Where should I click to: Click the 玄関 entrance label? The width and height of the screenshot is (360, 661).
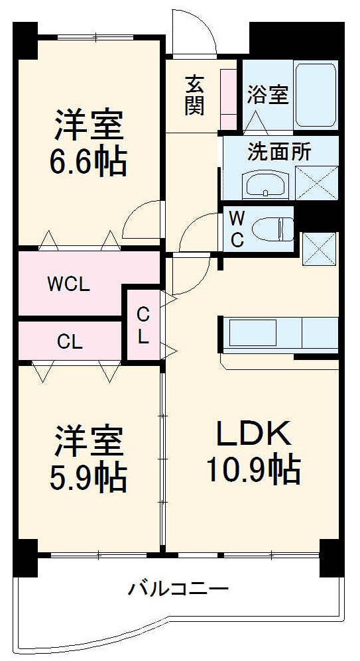(x=194, y=95)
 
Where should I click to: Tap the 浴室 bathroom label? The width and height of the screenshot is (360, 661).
(x=267, y=95)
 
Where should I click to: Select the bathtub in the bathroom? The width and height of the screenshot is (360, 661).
(x=316, y=94)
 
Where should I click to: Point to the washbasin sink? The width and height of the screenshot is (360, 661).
(x=265, y=184)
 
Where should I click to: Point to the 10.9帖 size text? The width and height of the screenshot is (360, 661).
(x=252, y=469)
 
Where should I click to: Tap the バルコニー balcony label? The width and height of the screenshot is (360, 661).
(x=179, y=588)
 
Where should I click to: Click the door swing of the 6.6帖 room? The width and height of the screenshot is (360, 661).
(x=141, y=219)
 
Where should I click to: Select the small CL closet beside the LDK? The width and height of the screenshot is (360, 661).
(x=143, y=324)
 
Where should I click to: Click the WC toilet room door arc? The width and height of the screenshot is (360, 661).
(x=199, y=233)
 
